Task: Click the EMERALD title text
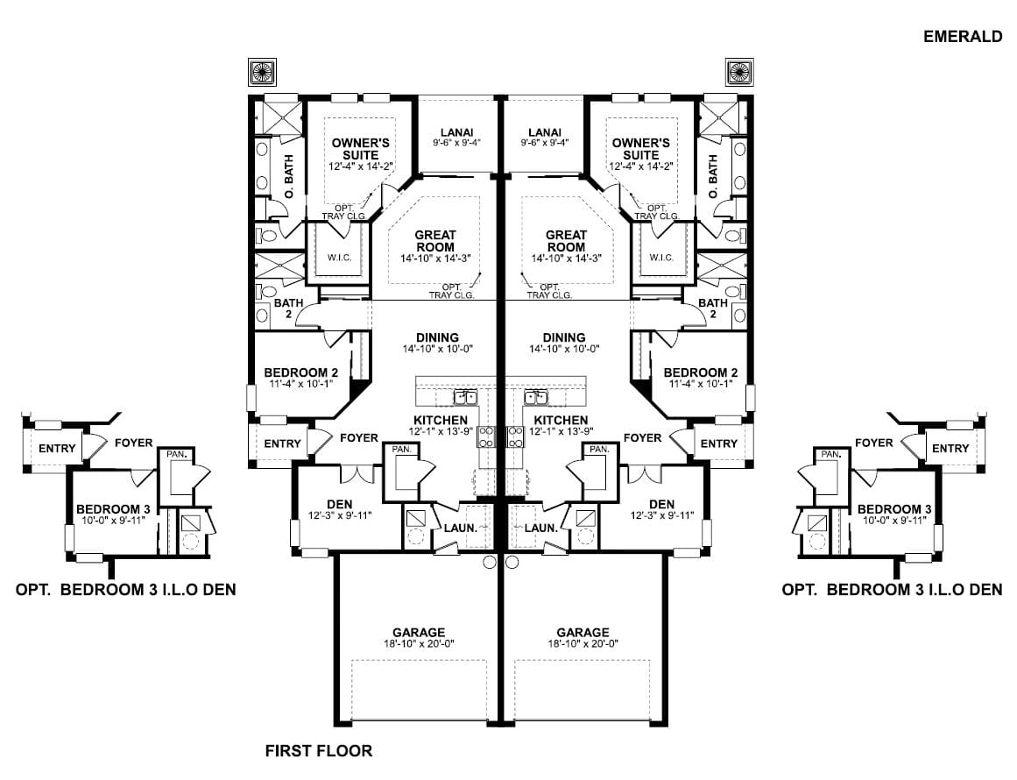click(963, 37)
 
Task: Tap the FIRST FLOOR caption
click(319, 751)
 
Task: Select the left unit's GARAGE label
click(419, 632)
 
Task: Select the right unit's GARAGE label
click(583, 632)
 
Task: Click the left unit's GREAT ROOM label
click(435, 241)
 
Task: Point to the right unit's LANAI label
click(545, 132)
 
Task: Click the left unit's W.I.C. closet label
click(339, 258)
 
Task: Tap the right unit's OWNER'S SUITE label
click(641, 149)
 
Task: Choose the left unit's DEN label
click(340, 504)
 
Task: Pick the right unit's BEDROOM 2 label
click(701, 372)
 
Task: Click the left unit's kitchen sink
click(465, 396)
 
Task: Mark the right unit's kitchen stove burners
click(515, 436)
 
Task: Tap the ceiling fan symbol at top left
click(263, 71)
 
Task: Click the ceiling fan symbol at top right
click(739, 71)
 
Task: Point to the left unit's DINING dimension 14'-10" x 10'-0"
click(438, 349)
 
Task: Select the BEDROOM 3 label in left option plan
click(114, 509)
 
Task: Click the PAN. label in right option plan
click(830, 454)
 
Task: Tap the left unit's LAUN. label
click(461, 528)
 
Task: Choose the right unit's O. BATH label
click(713, 176)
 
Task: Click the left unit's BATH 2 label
click(288, 308)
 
